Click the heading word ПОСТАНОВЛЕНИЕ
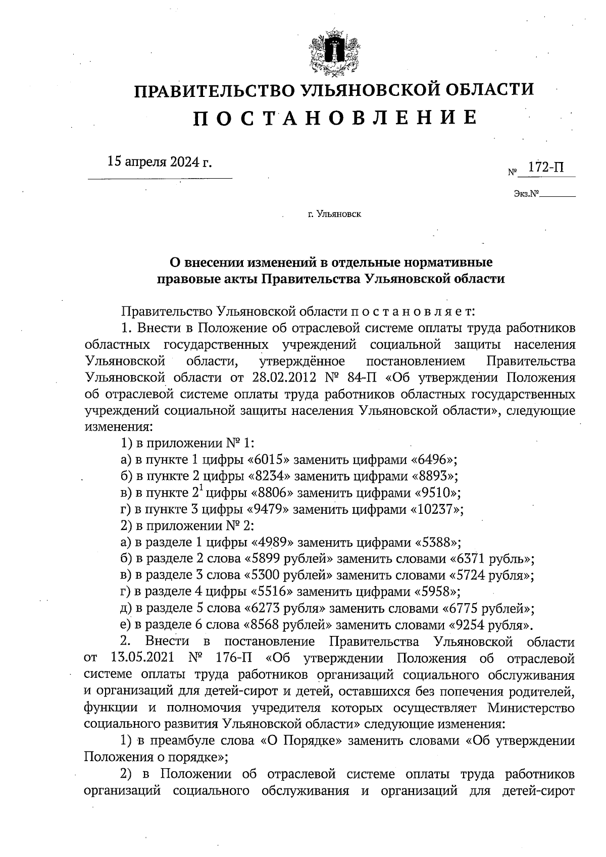click(335, 118)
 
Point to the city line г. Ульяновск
click(334, 215)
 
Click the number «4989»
click(273, 543)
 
